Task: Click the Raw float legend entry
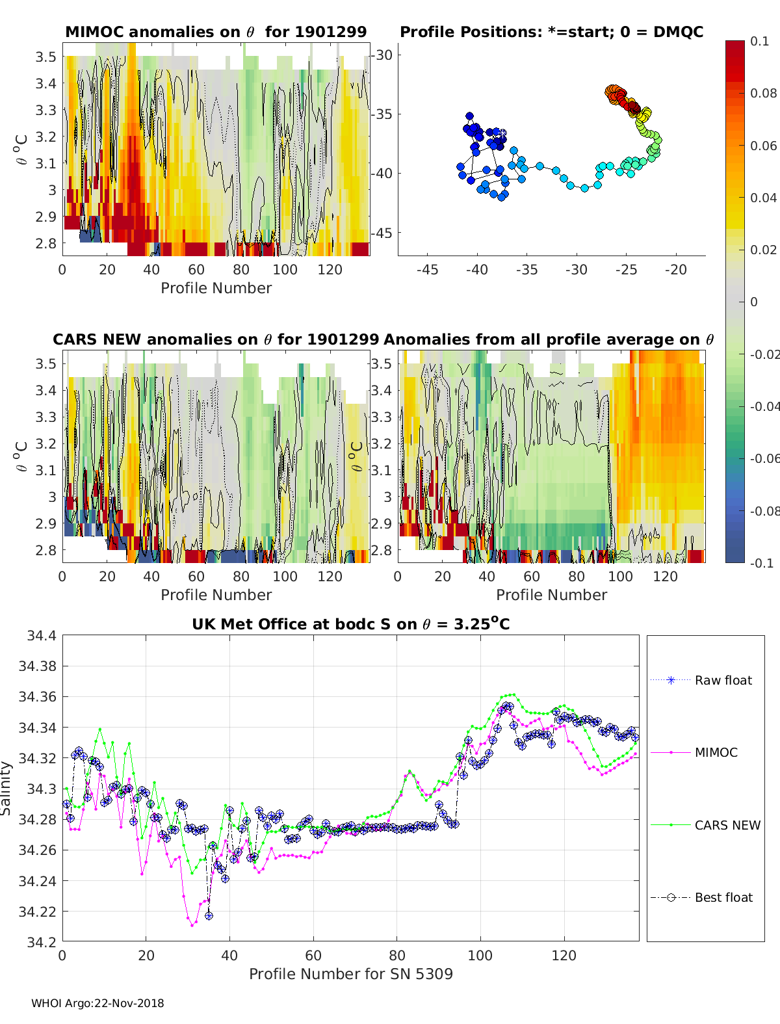[701, 680]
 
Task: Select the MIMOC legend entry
[694, 752]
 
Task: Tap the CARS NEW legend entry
[705, 825]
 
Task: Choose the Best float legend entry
[701, 898]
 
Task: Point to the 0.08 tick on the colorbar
[763, 94]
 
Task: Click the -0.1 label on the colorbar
[762, 563]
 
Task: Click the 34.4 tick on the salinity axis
[42, 635]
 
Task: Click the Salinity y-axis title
[6, 789]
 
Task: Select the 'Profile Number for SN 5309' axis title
[351, 974]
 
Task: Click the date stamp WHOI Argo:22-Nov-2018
[97, 1003]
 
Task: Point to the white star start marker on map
[502, 133]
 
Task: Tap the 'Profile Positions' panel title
[552, 32]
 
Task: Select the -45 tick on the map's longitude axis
[428, 270]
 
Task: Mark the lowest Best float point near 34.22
[209, 916]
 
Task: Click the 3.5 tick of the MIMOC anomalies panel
[45, 57]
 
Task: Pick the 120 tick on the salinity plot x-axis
[564, 956]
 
